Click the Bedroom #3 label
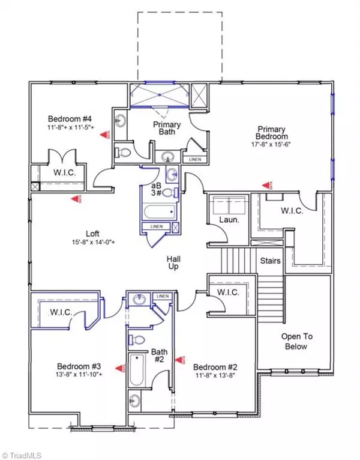pyautogui.click(x=74, y=366)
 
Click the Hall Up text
pyautogui.click(x=174, y=262)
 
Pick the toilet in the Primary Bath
pyautogui.click(x=124, y=152)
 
